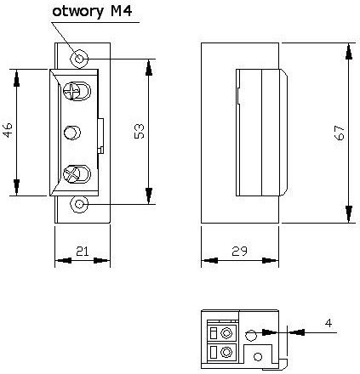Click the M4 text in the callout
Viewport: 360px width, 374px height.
pos(124,12)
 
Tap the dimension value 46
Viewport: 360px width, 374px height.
pos(9,131)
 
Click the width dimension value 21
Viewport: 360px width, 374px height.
pos(83,250)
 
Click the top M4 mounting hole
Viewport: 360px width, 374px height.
pos(79,58)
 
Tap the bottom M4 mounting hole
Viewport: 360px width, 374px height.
pos(79,205)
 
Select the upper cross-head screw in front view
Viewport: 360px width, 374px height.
pos(75,92)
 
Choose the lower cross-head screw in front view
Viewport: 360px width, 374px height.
pos(75,173)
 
